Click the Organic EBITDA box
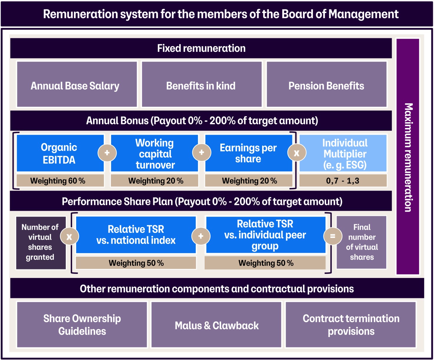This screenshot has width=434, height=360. [59, 153]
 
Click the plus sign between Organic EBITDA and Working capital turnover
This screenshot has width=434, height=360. [107, 153]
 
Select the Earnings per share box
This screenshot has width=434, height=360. [248, 153]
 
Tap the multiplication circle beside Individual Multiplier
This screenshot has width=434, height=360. [297, 153]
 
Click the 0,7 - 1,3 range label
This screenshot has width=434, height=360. [343, 180]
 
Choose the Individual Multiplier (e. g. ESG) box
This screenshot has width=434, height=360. [344, 153]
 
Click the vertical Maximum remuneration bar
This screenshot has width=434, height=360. [408, 157]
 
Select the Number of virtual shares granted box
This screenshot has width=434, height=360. [40, 242]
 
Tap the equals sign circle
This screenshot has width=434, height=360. [333, 236]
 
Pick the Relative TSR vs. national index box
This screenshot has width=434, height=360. [136, 235]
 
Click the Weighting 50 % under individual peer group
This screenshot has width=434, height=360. [265, 263]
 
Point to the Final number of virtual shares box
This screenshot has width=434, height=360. [361, 242]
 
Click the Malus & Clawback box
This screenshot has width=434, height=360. [216, 325]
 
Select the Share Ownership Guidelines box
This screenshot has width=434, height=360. [82, 325]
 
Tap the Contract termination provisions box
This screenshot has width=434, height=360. [351, 325]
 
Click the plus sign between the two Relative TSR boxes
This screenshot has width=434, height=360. [201, 236]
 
